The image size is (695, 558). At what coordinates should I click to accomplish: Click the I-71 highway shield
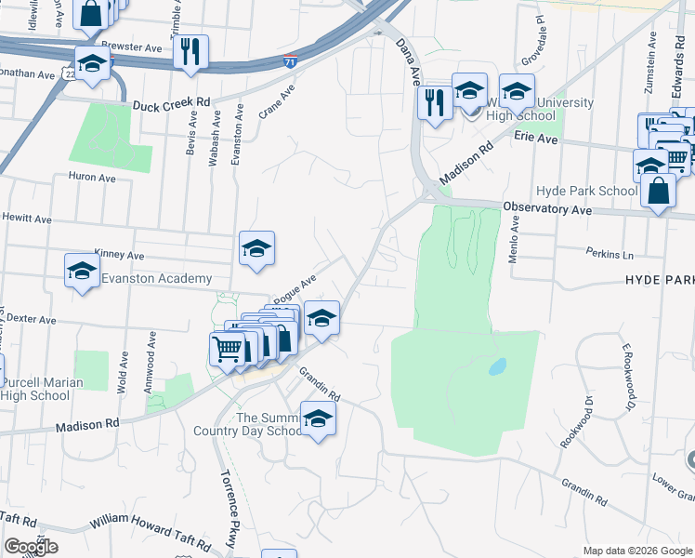291,62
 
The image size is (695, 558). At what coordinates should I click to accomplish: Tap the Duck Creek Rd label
171,105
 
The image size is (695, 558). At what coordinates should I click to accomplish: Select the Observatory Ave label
547,208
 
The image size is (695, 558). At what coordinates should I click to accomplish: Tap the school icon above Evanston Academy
257,248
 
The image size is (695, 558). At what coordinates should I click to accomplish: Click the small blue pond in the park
497,366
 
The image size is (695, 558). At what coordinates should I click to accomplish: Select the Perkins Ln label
610,252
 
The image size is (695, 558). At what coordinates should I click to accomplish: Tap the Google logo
31,547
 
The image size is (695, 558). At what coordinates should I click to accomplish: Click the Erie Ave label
535,138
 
